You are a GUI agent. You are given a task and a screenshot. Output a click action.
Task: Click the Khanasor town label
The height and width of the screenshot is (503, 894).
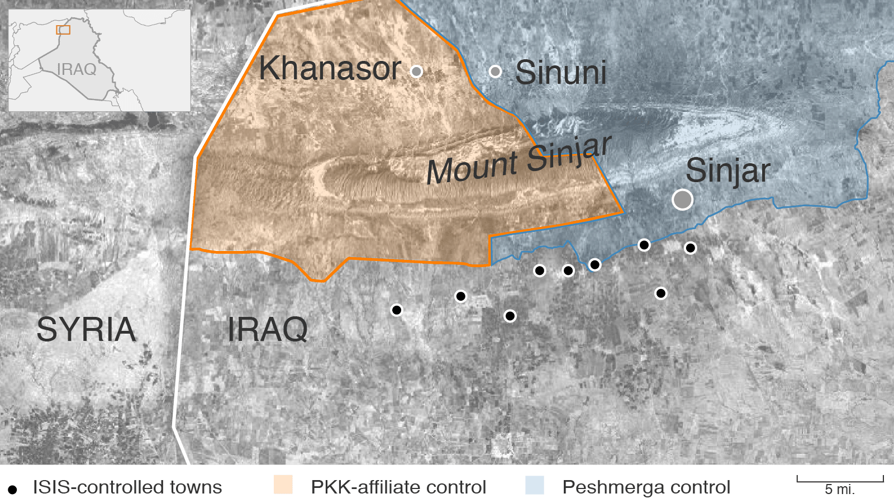(x=330, y=69)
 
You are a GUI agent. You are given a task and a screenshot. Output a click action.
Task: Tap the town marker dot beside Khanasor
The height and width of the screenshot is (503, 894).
(x=416, y=71)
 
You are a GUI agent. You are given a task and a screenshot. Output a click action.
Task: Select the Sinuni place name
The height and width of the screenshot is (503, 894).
(x=561, y=73)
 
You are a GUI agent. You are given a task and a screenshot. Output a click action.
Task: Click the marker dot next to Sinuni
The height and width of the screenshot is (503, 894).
(x=495, y=71)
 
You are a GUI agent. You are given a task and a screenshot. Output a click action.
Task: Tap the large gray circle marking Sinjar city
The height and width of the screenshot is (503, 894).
(x=682, y=200)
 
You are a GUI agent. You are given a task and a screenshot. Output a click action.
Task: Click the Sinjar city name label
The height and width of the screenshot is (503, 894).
(x=728, y=170)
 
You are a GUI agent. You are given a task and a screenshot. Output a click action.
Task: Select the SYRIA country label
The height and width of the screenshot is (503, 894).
(x=86, y=329)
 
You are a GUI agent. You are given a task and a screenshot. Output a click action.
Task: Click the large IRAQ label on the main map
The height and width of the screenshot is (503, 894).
(x=267, y=329)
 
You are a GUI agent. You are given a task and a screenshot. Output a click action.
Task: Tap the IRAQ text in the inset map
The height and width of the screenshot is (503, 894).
(x=77, y=69)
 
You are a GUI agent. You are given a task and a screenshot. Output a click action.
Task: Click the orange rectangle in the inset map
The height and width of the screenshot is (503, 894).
(x=63, y=30)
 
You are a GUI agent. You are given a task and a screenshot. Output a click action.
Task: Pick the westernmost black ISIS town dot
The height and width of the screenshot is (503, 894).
(x=397, y=310)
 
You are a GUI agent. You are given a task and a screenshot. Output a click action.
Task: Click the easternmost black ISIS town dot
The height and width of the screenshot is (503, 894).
(x=691, y=248)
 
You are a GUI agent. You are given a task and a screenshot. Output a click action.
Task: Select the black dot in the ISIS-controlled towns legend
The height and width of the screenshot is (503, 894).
(x=12, y=490)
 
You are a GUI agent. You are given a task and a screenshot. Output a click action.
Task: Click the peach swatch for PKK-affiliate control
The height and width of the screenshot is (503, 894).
(x=283, y=485)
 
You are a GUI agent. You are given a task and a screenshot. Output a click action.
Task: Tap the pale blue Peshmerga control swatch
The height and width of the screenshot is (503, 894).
(x=535, y=485)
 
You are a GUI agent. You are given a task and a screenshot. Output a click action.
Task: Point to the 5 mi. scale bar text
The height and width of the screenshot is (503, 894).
(x=840, y=490)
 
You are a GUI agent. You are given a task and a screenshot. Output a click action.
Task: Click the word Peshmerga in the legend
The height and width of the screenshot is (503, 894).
(x=610, y=487)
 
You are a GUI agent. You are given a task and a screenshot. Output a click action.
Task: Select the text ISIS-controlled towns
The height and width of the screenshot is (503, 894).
(x=127, y=487)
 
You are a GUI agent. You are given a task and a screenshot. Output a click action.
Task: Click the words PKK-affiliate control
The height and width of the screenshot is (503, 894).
(x=398, y=487)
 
